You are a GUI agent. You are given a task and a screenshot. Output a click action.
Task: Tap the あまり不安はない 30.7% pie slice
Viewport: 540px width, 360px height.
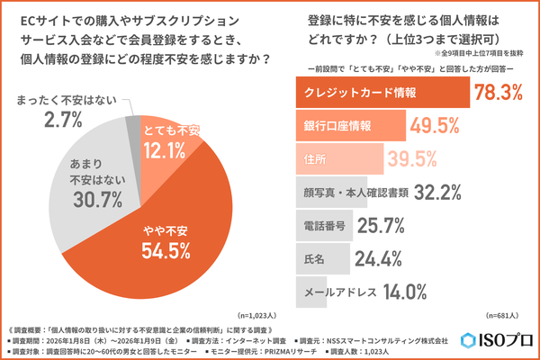(85, 189)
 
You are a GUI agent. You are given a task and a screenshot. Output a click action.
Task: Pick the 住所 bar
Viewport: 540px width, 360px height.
(333, 158)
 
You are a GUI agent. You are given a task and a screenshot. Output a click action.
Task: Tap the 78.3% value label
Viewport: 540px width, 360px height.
(502, 94)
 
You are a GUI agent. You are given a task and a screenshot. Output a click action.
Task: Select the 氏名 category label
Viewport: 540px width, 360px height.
(314, 257)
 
